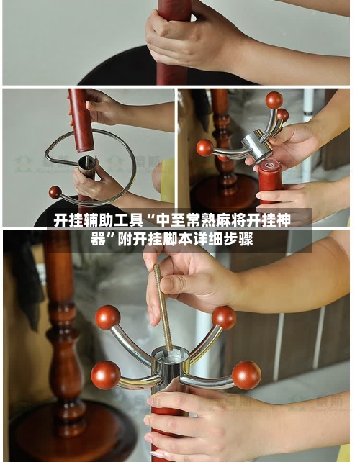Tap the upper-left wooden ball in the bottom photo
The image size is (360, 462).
[108, 317]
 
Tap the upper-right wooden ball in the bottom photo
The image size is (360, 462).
[224, 317]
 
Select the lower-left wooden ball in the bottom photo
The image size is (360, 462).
[105, 375]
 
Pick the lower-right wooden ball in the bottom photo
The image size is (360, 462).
[246, 375]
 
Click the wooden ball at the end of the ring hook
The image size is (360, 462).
[55, 192]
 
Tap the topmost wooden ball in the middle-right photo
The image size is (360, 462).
[274, 100]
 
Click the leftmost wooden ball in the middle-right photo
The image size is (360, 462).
[205, 148]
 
